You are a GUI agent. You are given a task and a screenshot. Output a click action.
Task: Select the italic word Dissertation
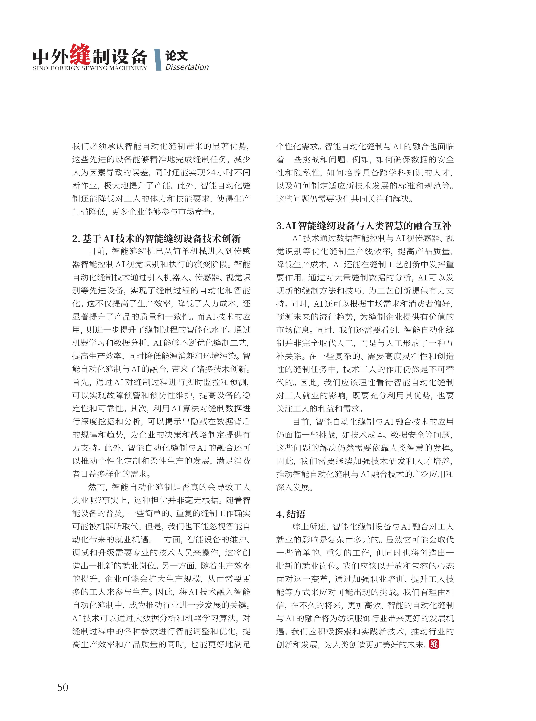[187, 67]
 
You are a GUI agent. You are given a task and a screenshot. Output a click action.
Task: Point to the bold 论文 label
[176, 55]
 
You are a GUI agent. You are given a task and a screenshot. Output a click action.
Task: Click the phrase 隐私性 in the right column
[307, 173]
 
